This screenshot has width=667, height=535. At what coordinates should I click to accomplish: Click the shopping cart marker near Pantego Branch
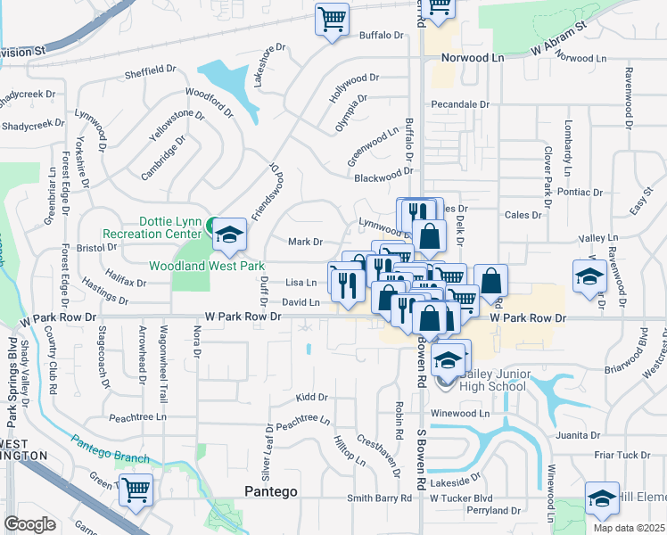(136, 490)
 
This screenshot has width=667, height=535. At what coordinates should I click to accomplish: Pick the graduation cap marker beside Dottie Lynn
(230, 234)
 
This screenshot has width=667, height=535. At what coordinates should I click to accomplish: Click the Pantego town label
(270, 491)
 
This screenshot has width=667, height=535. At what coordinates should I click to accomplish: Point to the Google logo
(29, 523)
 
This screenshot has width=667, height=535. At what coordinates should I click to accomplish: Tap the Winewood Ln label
(461, 414)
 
